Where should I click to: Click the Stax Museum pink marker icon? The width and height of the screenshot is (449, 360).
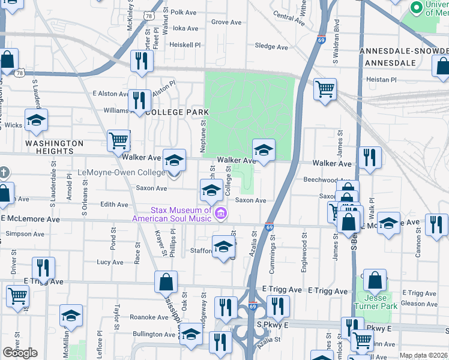(x=221, y=214)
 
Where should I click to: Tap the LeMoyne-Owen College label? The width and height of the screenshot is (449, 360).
(x=122, y=173)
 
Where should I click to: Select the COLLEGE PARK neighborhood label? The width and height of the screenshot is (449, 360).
(x=177, y=112)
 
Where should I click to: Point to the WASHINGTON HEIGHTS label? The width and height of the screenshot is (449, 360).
(x=54, y=148)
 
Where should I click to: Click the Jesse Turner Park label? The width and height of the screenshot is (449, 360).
(x=376, y=302)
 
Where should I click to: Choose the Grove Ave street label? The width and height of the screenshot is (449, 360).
(x=226, y=22)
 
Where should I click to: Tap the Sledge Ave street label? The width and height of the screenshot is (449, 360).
(x=272, y=46)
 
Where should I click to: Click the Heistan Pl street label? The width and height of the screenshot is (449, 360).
(x=382, y=79)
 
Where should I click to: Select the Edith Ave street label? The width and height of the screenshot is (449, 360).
(x=114, y=205)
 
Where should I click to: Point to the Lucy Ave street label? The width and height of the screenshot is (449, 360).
(x=110, y=262)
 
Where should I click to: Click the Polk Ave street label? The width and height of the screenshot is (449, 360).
(x=184, y=12)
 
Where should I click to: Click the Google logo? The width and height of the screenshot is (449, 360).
(x=20, y=353)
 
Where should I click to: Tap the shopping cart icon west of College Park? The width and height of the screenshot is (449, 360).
(x=119, y=141)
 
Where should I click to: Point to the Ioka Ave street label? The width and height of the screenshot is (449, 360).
(x=185, y=28)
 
